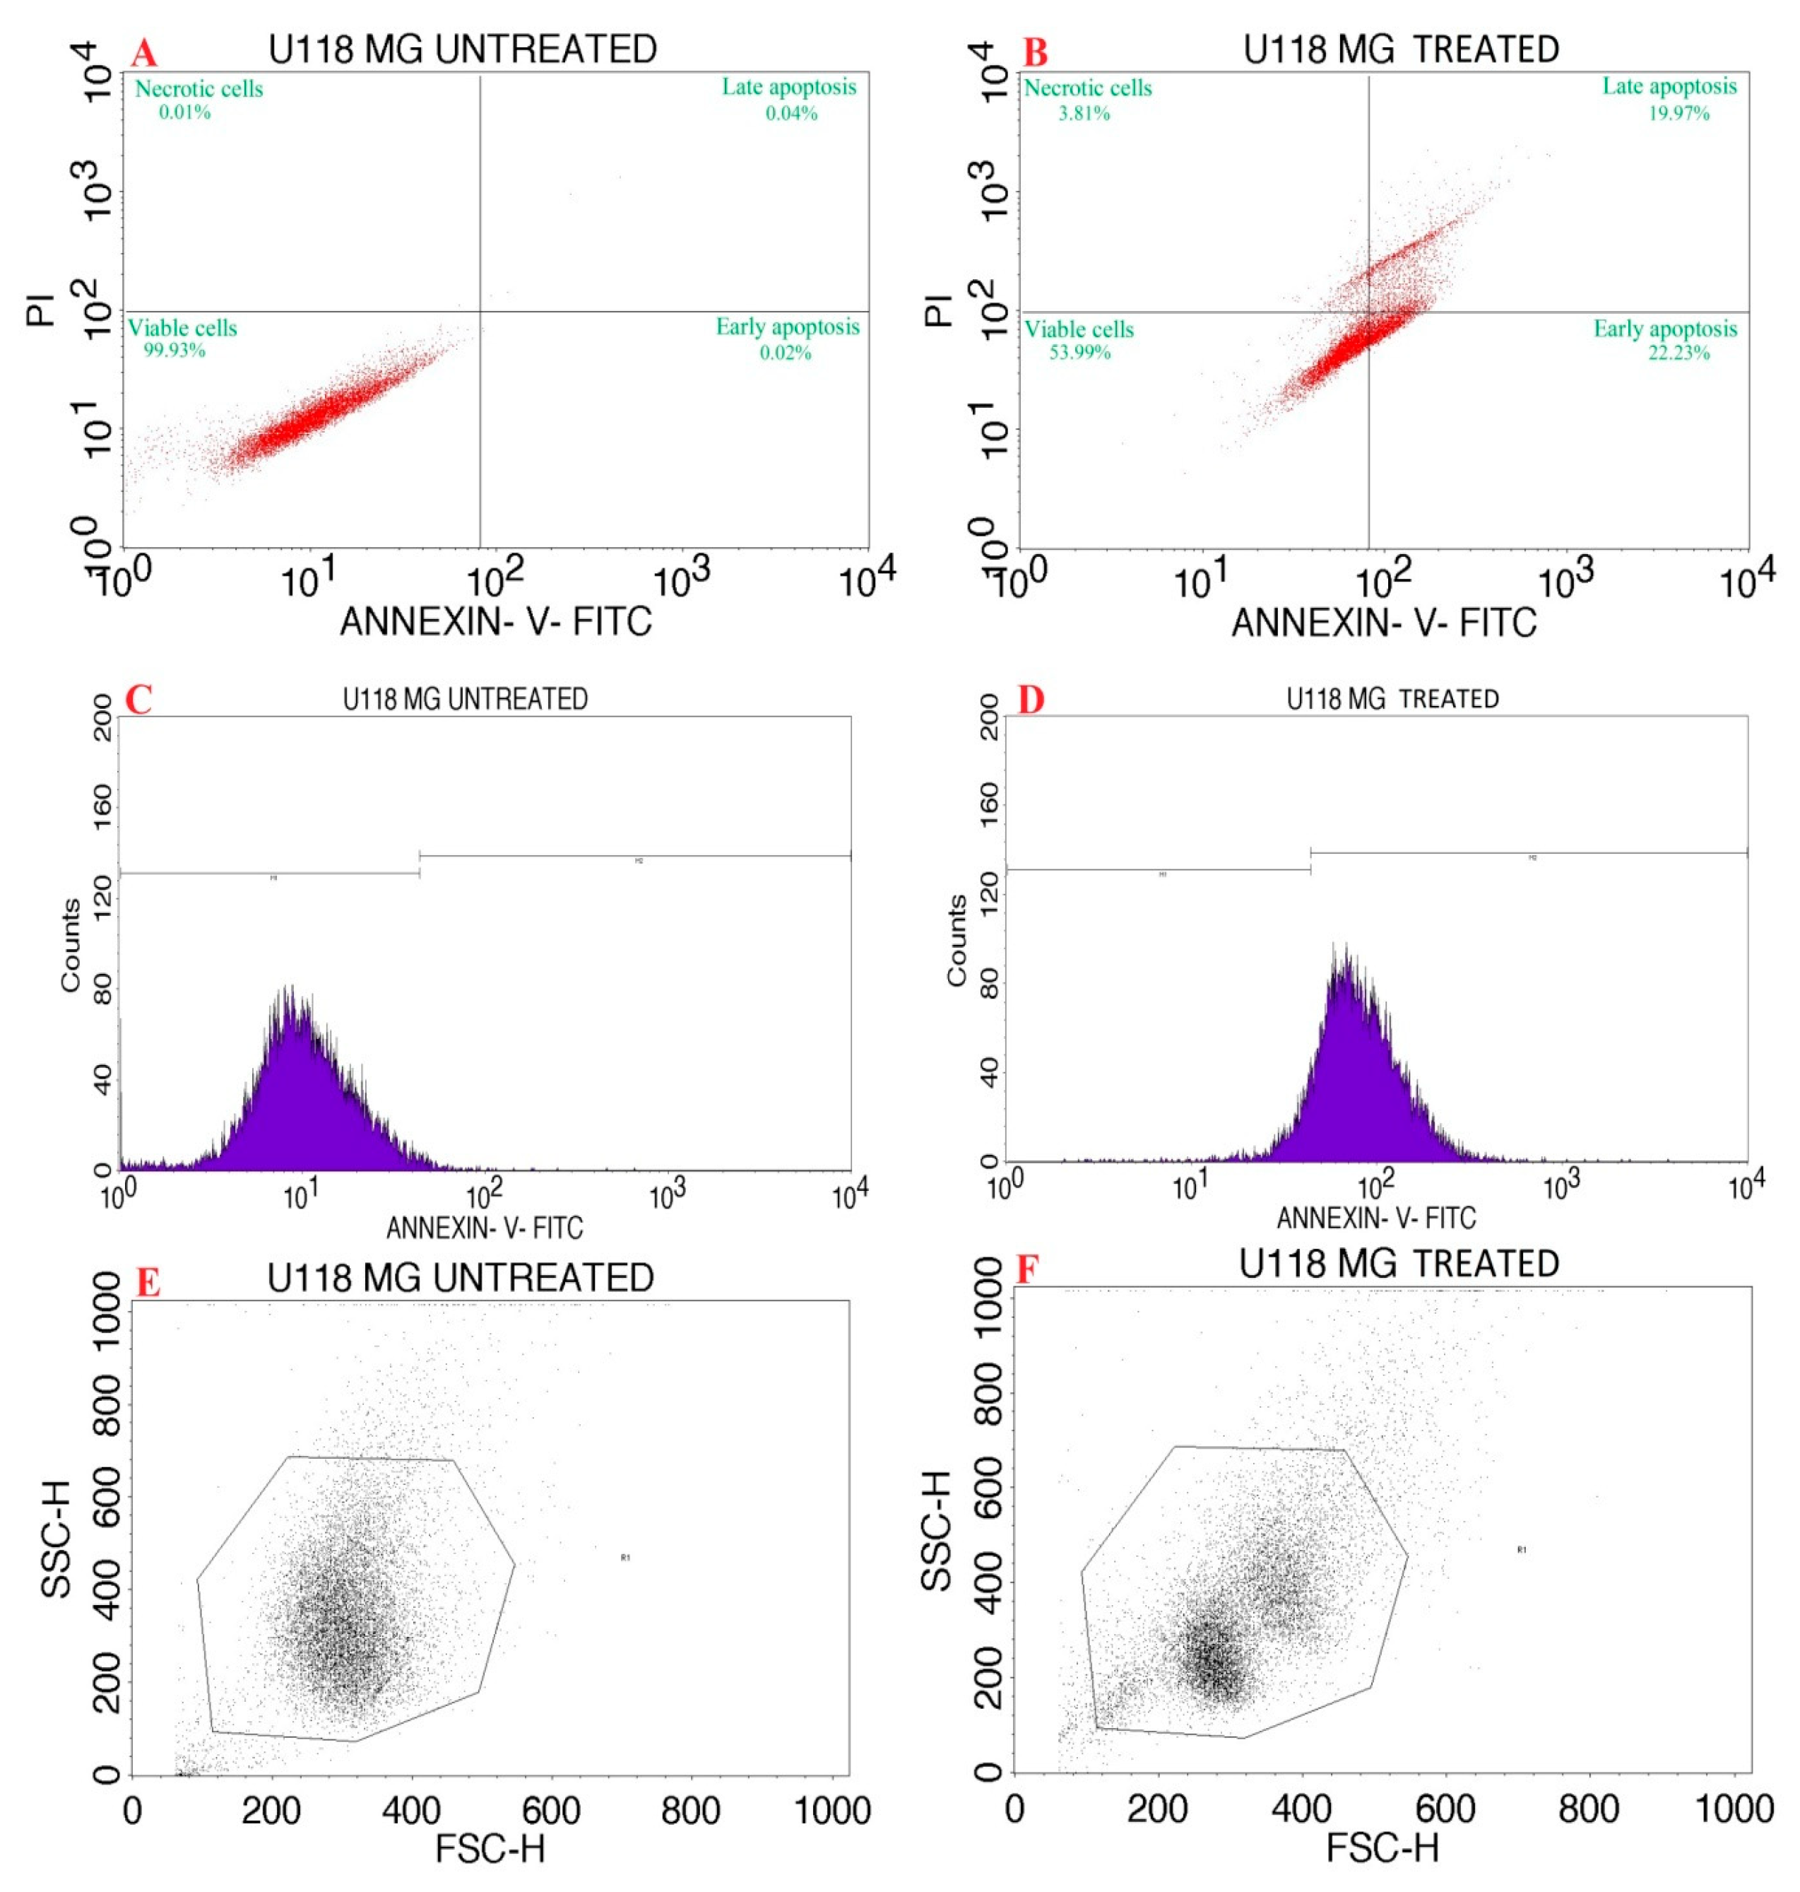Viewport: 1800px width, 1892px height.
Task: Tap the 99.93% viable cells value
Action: tap(174, 351)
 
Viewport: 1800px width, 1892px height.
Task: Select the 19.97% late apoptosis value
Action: tap(1678, 113)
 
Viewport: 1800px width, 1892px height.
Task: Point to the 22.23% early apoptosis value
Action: tap(1678, 353)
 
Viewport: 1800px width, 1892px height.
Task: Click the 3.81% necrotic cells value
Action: tap(1083, 113)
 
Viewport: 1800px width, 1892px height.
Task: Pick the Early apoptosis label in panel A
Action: tap(787, 327)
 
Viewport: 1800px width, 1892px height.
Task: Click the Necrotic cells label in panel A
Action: tap(198, 89)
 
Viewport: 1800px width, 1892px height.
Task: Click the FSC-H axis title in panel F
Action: tap(1382, 1847)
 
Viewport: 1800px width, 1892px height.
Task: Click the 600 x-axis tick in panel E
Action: tap(551, 1811)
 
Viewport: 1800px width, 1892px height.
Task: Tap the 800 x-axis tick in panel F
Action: tap(1588, 1809)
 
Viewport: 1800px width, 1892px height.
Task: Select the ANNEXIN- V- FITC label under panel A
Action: tap(495, 621)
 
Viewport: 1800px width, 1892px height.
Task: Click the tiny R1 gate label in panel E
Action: tap(624, 1558)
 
